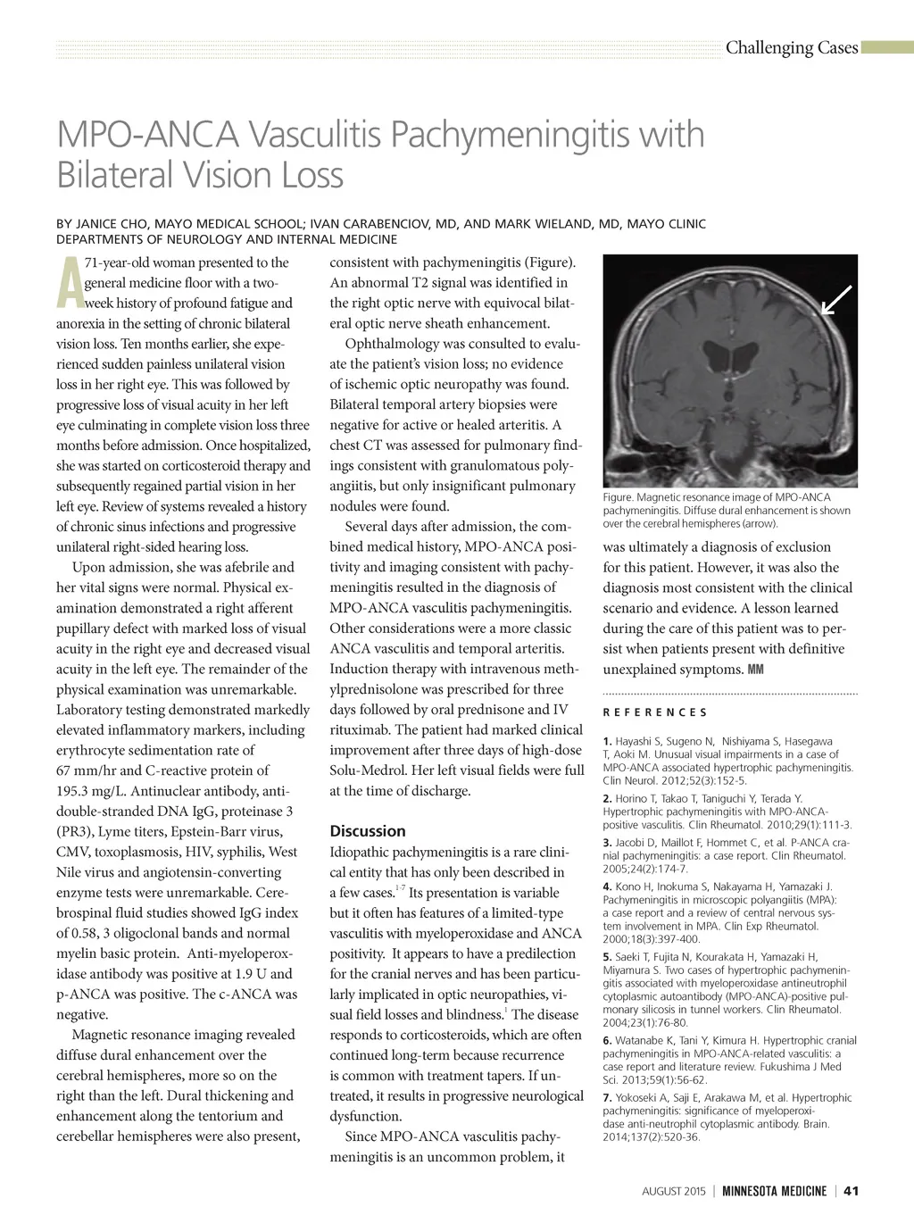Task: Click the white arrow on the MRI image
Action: [836, 300]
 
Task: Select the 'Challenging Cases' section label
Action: [791, 48]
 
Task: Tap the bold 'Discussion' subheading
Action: [368, 831]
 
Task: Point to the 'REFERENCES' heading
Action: [655, 712]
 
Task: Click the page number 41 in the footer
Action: [851, 1191]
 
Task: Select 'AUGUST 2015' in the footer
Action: [674, 1191]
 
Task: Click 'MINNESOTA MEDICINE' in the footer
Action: [774, 1191]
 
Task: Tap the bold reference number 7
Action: [607, 1098]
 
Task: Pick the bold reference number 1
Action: [607, 741]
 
